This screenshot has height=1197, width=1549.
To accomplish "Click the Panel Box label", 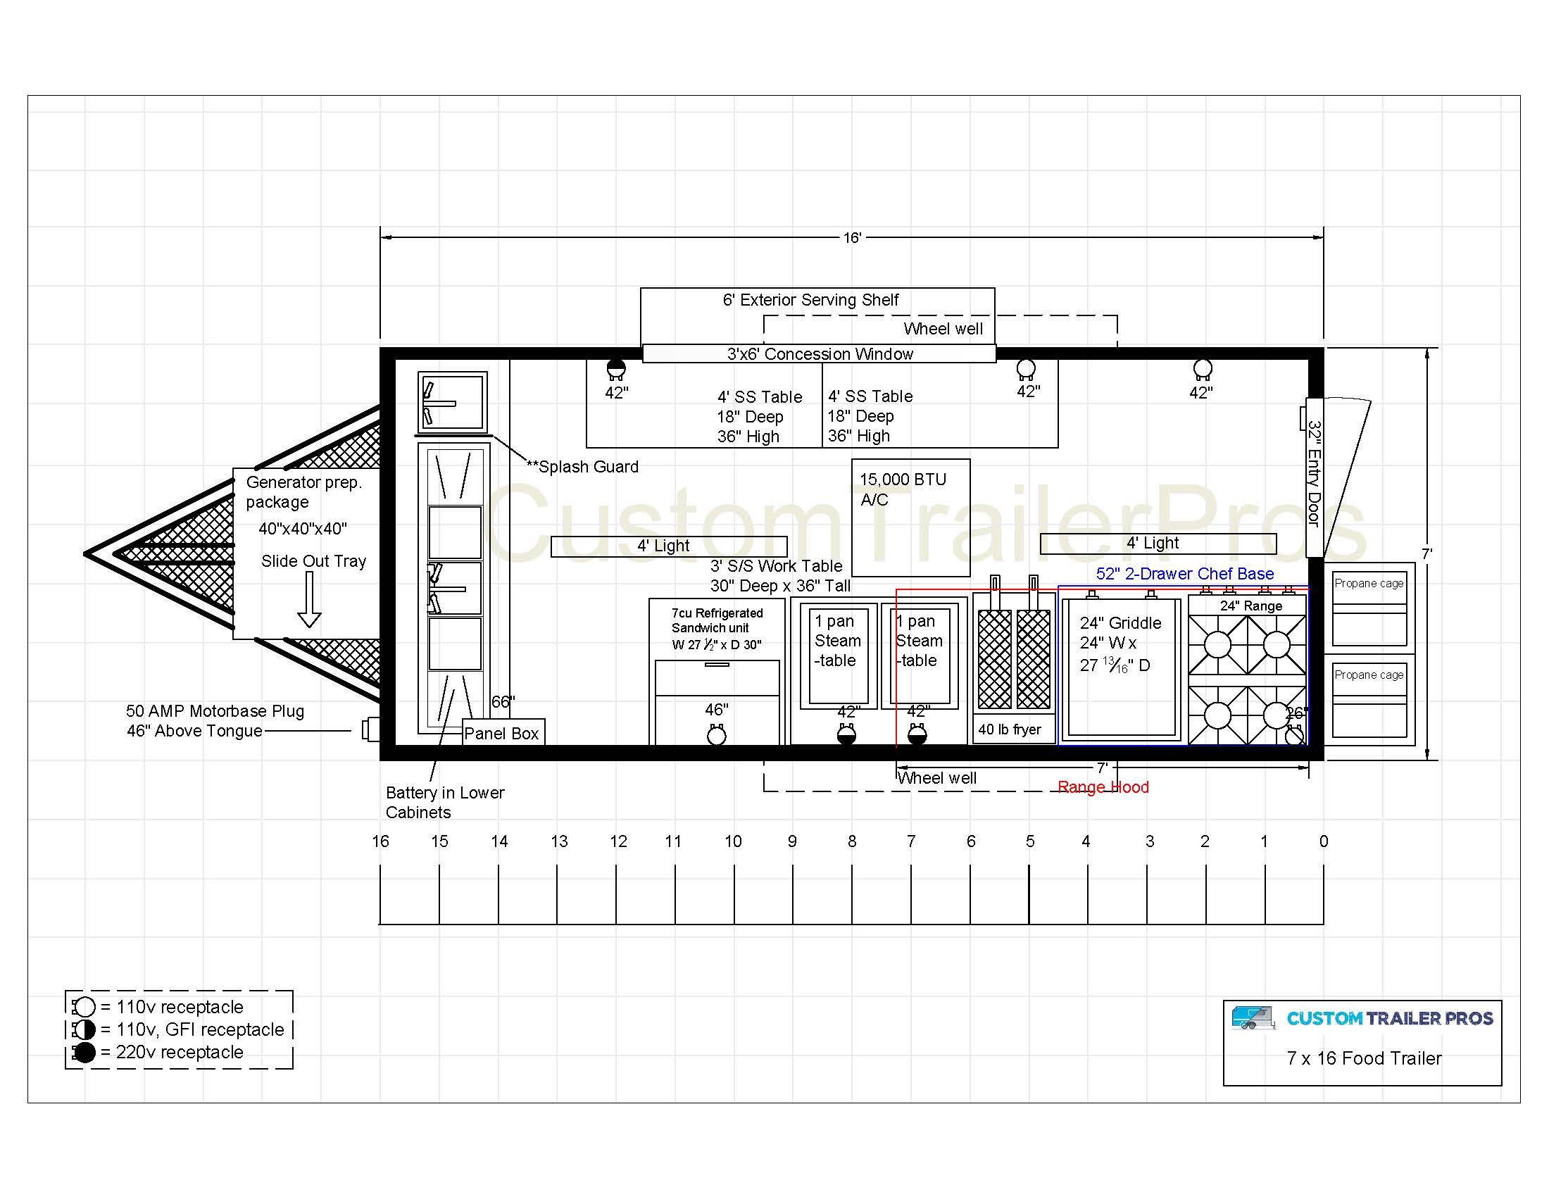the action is pos(501,733).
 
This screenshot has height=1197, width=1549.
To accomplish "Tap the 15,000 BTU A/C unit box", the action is pos(910,518).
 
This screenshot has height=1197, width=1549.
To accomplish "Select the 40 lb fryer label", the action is pos(1009,729).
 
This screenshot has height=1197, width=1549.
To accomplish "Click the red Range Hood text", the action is pos(1103,787).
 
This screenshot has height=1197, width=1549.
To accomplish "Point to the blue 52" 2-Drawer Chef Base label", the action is pos(1184,574).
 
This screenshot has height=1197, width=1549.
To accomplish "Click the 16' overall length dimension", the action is pos(852,237).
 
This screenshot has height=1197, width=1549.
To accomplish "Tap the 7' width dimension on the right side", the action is pos(1427,554).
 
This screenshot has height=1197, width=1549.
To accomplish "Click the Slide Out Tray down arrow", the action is pos(309,600).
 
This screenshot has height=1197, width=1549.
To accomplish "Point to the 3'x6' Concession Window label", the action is pos(820,354).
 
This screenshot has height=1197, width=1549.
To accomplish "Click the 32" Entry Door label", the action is pos(1315,475).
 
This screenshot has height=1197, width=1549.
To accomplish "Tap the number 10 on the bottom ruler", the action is pos(733,841).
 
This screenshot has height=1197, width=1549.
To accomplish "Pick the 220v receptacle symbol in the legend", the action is pos(84,1053).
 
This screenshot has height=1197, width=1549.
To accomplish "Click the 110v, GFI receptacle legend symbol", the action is pos(84,1029).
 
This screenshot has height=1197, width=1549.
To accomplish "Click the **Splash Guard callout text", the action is pos(582,467).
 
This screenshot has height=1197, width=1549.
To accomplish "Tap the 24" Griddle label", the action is pos(1121,622).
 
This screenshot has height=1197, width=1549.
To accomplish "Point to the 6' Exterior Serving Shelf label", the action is pos(810,300).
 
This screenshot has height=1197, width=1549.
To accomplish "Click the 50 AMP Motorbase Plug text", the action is pos(215,711).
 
